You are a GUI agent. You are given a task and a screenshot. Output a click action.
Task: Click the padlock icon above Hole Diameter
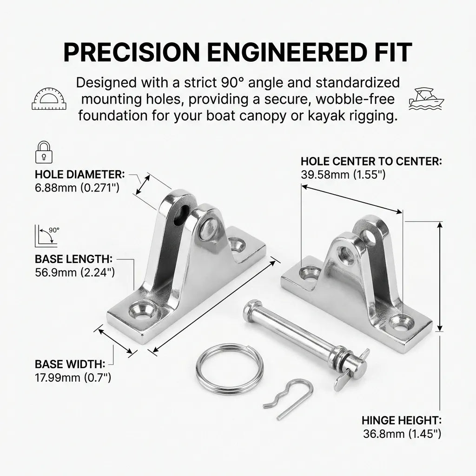(x=43, y=152)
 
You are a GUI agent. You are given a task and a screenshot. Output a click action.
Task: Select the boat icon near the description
(x=426, y=98)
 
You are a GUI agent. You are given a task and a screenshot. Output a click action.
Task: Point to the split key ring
(x=229, y=367)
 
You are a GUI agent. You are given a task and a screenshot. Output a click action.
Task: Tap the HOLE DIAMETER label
(x=79, y=175)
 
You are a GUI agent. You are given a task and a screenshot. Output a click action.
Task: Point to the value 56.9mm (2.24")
(x=74, y=272)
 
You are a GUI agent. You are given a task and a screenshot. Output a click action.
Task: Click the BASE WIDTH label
(x=70, y=364)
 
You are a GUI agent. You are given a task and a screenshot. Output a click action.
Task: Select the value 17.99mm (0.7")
(x=73, y=377)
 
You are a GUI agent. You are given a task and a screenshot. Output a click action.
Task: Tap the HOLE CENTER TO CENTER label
(x=371, y=161)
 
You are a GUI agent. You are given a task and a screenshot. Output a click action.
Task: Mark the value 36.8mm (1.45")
(x=402, y=434)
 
